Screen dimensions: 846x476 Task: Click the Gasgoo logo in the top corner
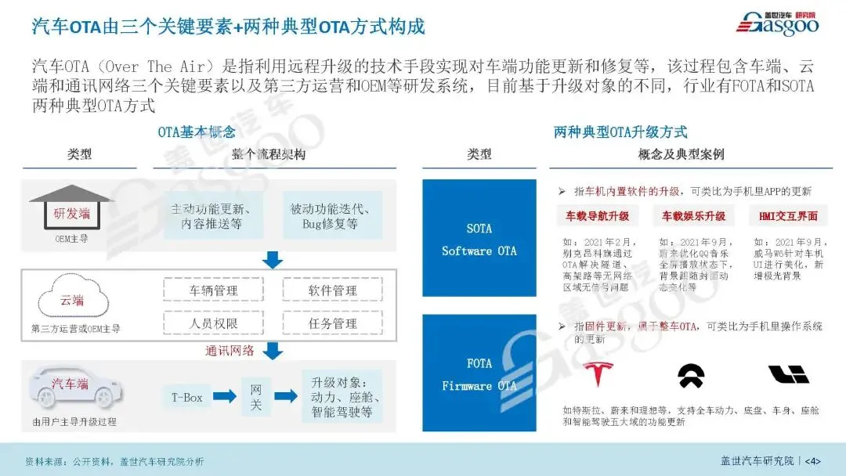point(777,23)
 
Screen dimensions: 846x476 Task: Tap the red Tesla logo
point(598,375)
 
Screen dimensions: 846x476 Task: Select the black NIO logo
point(690,376)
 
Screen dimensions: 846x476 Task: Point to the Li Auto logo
point(788,375)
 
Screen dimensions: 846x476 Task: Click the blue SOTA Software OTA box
point(479,239)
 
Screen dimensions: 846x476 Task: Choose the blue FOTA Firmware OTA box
point(479,374)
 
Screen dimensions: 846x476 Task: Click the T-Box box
point(187,397)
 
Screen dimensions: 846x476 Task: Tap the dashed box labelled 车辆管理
point(213,290)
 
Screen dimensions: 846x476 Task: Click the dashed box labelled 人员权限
point(213,323)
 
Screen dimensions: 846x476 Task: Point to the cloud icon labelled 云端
point(71,300)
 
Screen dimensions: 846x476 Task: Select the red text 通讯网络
point(230,351)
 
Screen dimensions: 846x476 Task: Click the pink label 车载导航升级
point(598,215)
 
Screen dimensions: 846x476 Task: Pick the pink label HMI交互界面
point(788,215)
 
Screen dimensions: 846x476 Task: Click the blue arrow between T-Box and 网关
point(224,397)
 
